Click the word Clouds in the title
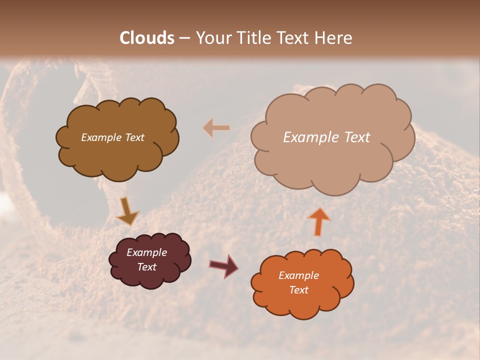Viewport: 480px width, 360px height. pyautogui.click(x=147, y=38)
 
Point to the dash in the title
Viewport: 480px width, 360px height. pyautogui.click(x=184, y=38)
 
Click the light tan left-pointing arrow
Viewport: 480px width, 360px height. pyautogui.click(x=216, y=128)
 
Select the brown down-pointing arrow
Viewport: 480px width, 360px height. pyautogui.click(x=127, y=211)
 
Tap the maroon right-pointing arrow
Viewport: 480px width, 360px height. pyautogui.click(x=224, y=266)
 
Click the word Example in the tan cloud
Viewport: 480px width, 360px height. pyautogui.click(x=311, y=137)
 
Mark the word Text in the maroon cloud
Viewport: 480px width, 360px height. pyautogui.click(x=147, y=267)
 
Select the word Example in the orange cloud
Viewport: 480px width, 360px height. pyautogui.click(x=298, y=275)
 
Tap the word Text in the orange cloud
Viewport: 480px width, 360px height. pyautogui.click(x=298, y=290)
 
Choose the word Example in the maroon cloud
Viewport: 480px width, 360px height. pyautogui.click(x=147, y=252)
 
